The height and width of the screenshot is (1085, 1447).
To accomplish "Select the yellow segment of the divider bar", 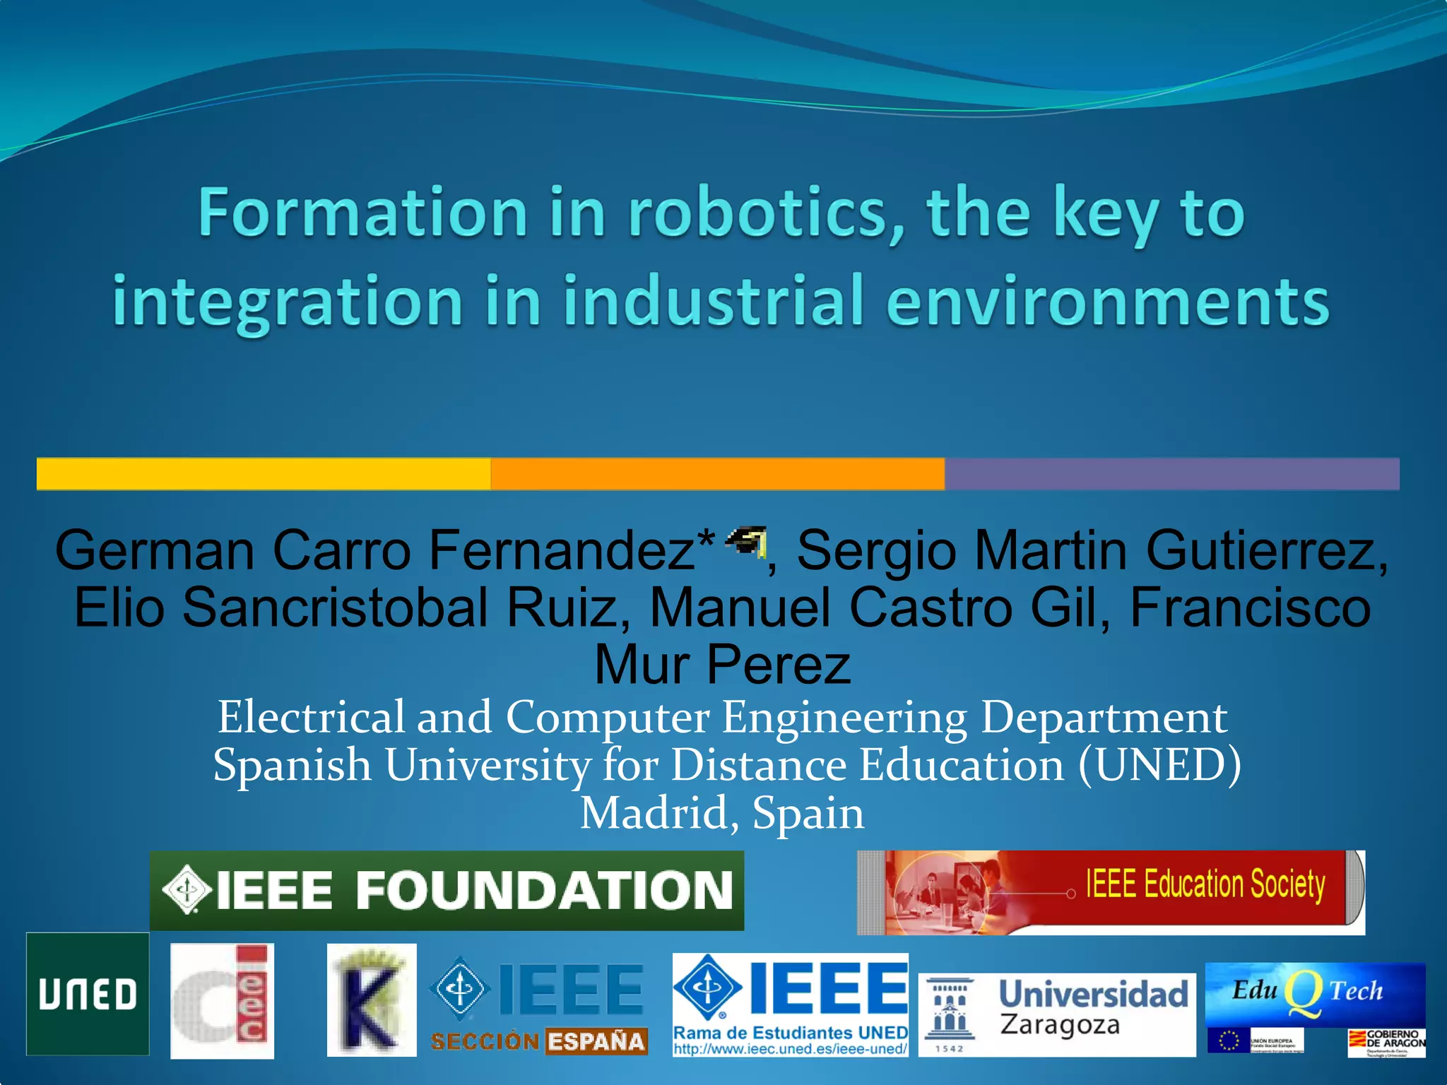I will coord(264,473).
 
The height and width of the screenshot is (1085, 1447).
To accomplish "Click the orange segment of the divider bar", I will coord(717,473).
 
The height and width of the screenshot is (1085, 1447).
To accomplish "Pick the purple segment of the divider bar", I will coord(1171,473).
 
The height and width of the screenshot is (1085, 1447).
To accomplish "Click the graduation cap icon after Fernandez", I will coord(746,542).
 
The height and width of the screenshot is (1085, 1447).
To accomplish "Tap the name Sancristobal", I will coord(335,607).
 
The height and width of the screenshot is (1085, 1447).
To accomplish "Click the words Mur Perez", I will coord(722,665).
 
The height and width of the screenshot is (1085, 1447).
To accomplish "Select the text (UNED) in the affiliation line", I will coord(1159,765).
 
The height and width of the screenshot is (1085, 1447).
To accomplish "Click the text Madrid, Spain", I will coord(722,813).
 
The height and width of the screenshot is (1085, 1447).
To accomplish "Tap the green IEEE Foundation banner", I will coord(447,890).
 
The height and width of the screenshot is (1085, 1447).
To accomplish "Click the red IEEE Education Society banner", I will coord(1111,892).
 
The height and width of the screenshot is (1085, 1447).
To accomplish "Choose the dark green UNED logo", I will coord(88,994).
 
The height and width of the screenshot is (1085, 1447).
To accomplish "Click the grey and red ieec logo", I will coord(222,1001).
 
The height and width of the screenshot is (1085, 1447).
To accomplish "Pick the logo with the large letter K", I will coord(372,1000).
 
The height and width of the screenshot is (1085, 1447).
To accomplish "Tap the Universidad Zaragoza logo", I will coord(1056,1014).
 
